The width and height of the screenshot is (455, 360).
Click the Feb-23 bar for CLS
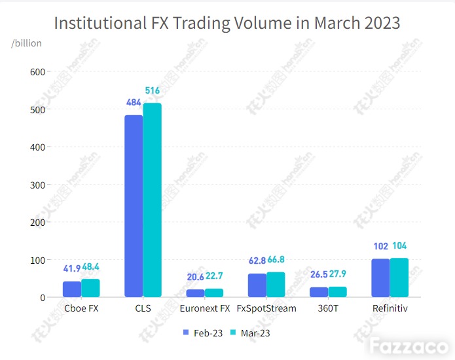(134, 206)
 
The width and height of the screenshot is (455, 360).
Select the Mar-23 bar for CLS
(153, 200)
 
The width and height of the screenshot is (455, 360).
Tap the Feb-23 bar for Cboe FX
(72, 289)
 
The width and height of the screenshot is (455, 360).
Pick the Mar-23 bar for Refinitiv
(399, 278)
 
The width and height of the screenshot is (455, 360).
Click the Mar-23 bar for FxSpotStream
(276, 285)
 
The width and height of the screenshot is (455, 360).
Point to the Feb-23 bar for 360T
(319, 292)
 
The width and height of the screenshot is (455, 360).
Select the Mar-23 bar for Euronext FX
(214, 293)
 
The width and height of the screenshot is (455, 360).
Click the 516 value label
(153, 90)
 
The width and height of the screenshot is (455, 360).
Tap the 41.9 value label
(72, 268)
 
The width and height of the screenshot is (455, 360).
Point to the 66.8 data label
(276, 259)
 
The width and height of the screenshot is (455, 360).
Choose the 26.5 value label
(319, 274)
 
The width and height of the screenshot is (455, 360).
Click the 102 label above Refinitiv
(381, 246)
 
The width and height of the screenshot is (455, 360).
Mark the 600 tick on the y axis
(37, 72)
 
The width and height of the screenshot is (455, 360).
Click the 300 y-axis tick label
(37, 185)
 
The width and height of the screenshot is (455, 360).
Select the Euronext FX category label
(205, 308)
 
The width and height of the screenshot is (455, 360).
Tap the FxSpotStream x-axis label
(266, 308)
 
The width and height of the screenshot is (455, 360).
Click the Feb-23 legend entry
(203, 333)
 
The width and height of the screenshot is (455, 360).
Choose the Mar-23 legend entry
(250, 333)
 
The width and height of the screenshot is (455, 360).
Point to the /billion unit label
(26, 43)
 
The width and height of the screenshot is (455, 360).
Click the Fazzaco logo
(409, 346)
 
